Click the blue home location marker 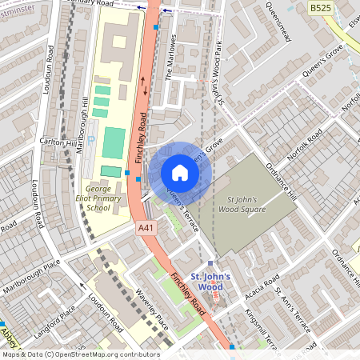[x=180, y=171]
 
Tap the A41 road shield [x=145, y=228]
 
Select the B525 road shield [x=321, y=8]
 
